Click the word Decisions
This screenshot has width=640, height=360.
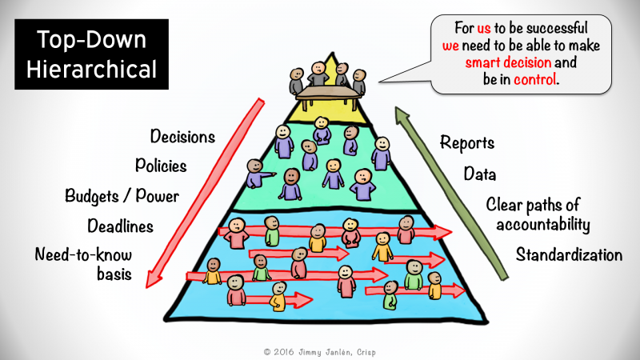coord(182,136)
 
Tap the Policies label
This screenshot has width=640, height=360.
coord(161,166)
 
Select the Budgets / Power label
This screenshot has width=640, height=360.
coord(122,196)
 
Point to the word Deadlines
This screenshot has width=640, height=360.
coord(121,226)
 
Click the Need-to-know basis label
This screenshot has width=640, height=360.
coord(84,264)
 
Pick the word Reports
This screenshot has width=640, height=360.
coord(467,143)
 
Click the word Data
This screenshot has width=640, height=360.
coord(480,174)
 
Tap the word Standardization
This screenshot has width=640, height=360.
coord(569,254)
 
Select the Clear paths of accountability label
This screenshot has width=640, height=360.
coord(538,214)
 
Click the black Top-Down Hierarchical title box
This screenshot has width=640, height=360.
coord(91,54)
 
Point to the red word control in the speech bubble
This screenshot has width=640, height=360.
coord(534,79)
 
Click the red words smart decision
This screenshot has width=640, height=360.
coord(508,62)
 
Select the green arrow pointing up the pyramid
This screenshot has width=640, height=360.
coord(451,194)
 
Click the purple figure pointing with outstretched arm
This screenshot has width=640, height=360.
coord(258,174)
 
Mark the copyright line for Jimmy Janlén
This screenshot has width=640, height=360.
coord(319,352)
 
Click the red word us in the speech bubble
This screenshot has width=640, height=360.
coord(484,28)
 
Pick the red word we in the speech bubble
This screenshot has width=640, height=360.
coord(450,46)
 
